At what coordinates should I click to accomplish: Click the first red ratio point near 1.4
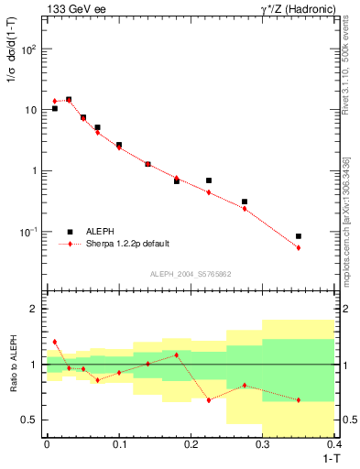[x=55, y=342]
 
